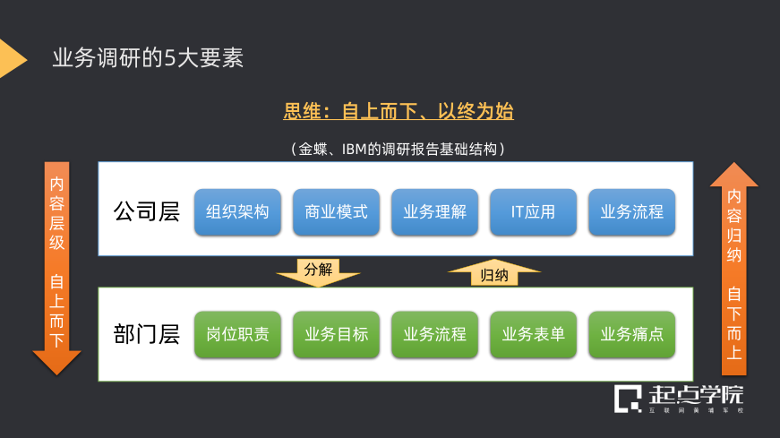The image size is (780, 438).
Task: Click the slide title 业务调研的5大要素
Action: (x=149, y=58)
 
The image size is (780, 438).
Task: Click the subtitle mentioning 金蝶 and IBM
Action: (x=399, y=148)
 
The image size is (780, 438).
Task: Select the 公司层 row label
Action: (x=146, y=212)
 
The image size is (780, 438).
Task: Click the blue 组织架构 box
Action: (x=237, y=212)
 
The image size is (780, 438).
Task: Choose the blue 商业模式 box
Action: (x=336, y=212)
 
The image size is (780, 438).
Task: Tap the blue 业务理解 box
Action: (x=434, y=212)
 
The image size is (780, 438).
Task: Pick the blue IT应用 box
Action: (x=533, y=212)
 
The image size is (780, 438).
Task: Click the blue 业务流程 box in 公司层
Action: (x=631, y=212)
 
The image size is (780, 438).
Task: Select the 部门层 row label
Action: (x=146, y=334)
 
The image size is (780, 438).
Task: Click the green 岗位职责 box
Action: (x=237, y=334)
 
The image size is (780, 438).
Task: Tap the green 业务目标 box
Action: (x=336, y=334)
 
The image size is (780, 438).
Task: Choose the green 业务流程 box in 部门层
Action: (x=434, y=334)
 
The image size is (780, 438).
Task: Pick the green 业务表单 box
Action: (x=533, y=334)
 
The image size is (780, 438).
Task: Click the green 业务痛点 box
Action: (x=631, y=334)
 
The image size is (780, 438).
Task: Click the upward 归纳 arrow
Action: (x=493, y=273)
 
